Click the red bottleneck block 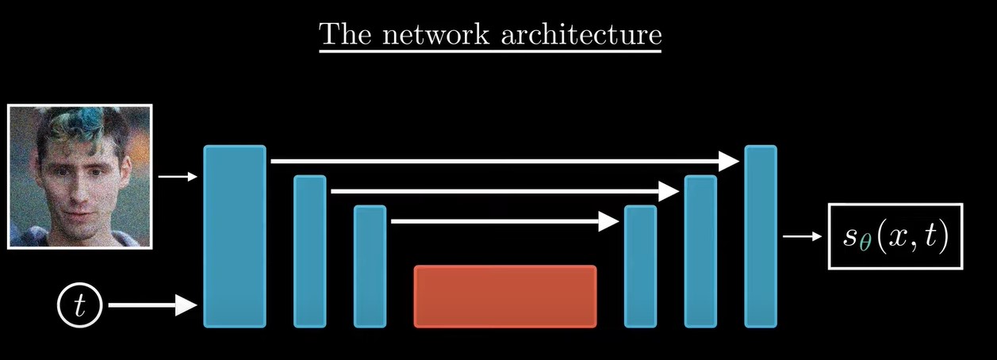pyautogui.click(x=504, y=296)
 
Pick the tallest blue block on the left pyautogui.click(x=235, y=236)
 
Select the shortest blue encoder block pyautogui.click(x=370, y=266)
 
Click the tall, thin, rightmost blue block pyautogui.click(x=760, y=236)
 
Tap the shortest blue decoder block pyautogui.click(x=640, y=266)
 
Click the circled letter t pyautogui.click(x=79, y=305)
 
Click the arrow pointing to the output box pyautogui.click(x=801, y=236)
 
